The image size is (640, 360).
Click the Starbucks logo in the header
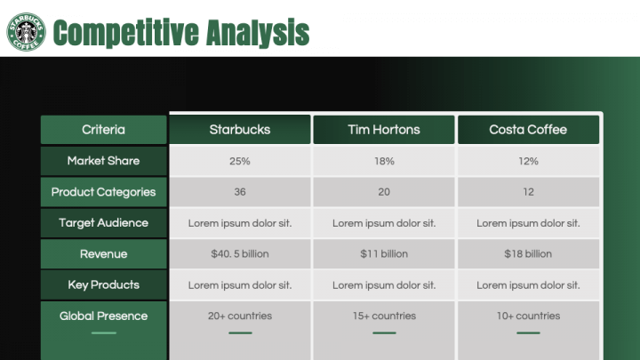point(26,31)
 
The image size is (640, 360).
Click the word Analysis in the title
point(258,33)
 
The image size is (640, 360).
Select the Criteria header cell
point(103,130)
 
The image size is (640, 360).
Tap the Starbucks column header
point(240,130)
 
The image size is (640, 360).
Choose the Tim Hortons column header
point(384,130)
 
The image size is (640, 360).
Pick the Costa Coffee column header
point(528,130)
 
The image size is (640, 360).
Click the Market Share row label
point(103,161)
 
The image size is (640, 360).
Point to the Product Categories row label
point(103,192)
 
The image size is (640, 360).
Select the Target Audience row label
point(103,223)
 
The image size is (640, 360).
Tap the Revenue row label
point(103,254)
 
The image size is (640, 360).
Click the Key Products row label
point(103,285)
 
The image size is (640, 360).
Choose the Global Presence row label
point(103,316)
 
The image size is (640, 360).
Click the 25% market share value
point(240,161)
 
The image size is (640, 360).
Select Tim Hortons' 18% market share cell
point(384,161)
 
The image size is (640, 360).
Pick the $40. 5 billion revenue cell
point(240,254)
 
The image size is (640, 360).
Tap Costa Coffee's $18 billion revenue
point(528,254)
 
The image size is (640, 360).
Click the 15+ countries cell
point(384,316)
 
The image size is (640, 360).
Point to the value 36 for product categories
point(240,192)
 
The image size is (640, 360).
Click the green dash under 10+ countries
point(528,333)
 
